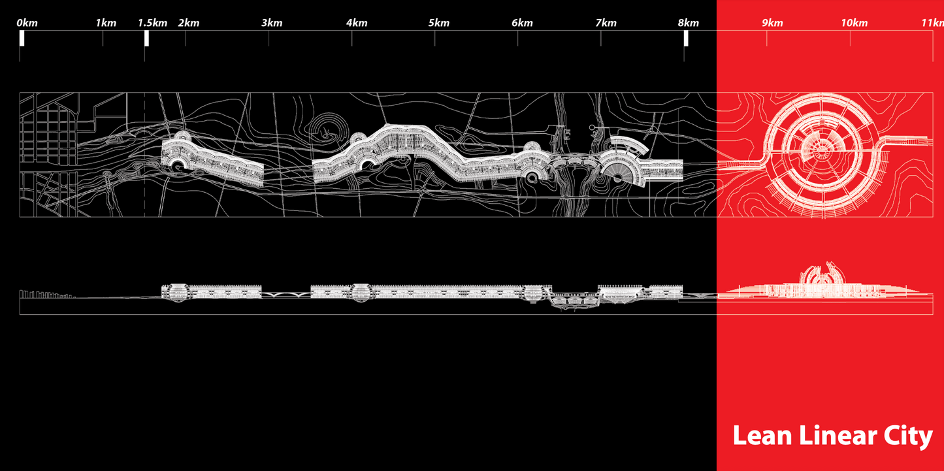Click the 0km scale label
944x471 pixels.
[x=27, y=23]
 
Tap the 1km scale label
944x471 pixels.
[x=106, y=23]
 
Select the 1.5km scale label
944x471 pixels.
[x=153, y=23]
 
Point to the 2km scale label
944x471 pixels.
[x=189, y=23]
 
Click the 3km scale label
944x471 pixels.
[x=272, y=23]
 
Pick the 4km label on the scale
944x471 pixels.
[x=357, y=23]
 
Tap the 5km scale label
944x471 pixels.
[x=439, y=23]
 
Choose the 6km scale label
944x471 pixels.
[x=522, y=23]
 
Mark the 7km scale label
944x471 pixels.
[x=606, y=23]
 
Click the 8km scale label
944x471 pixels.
[x=688, y=23]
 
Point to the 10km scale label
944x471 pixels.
[x=854, y=23]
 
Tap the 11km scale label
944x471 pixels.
[x=932, y=23]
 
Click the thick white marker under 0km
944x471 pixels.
[x=22, y=39]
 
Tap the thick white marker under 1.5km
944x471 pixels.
[x=146, y=39]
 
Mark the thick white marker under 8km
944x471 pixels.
[x=686, y=39]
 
